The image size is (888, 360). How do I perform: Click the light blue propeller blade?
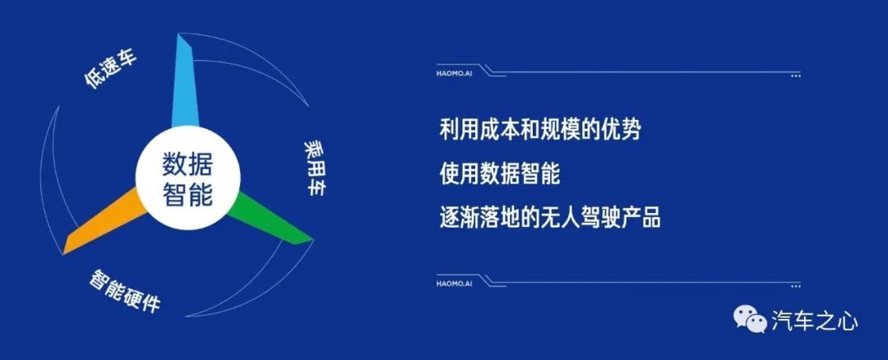(x=185, y=85)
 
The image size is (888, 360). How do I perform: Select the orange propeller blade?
(x=104, y=221)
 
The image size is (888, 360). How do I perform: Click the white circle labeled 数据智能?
(x=187, y=179)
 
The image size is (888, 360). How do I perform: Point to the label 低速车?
(x=111, y=70)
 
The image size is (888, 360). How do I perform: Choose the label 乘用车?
(x=315, y=168)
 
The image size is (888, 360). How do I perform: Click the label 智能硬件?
(x=125, y=292)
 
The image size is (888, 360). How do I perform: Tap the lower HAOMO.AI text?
(x=454, y=284)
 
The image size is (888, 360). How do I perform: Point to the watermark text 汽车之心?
(x=814, y=321)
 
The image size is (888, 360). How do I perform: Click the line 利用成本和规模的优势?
(x=540, y=130)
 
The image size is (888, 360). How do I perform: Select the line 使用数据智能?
(x=500, y=173)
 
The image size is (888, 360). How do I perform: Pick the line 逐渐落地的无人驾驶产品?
(x=550, y=217)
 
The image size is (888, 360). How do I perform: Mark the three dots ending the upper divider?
(x=796, y=76)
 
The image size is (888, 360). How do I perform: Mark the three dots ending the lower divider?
(x=796, y=286)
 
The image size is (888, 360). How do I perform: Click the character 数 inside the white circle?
(x=175, y=164)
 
